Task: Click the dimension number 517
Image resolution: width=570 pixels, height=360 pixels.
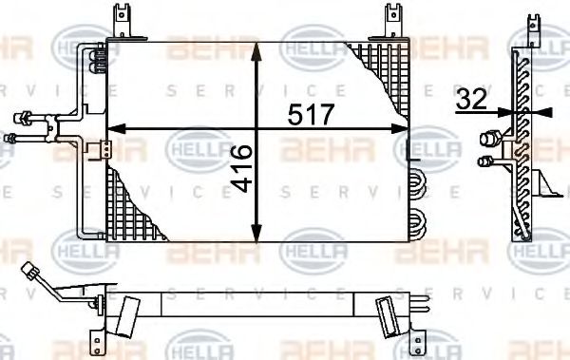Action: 312,115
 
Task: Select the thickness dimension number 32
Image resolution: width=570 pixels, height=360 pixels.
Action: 472,98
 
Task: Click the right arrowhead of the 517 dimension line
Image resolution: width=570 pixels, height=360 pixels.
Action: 407,128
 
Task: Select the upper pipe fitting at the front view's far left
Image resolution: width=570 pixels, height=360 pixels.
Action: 21,119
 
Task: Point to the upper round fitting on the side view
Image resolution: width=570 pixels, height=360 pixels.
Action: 491,137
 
